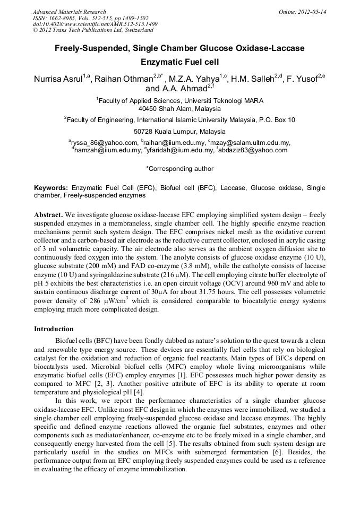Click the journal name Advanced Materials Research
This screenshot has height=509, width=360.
coord(69,12)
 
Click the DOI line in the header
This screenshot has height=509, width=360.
coord(95,24)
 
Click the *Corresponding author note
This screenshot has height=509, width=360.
coord(179,169)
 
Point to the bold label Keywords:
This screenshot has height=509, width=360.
coord(51,188)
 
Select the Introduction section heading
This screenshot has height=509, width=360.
coord(55,329)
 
